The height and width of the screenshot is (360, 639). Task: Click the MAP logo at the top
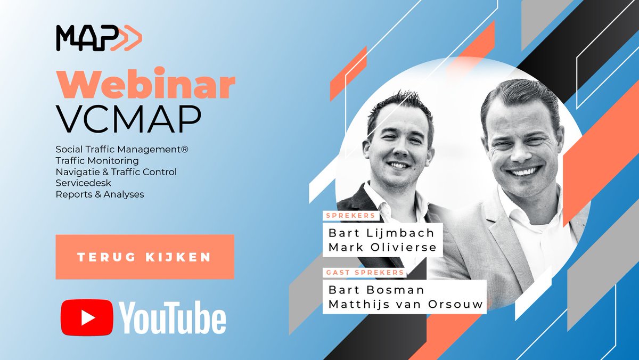pos(99,39)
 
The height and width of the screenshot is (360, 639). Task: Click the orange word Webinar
pos(145,86)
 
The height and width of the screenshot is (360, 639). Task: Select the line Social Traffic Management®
pos(122,150)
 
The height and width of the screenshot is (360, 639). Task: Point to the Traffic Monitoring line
pos(97,161)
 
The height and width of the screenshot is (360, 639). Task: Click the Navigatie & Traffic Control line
pos(116,172)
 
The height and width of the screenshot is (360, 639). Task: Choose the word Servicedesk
pos(83,183)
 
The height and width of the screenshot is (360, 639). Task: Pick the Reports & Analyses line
pos(100,194)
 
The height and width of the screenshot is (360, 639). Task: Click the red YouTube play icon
pos(86,318)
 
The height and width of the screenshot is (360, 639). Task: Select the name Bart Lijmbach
pos(381,233)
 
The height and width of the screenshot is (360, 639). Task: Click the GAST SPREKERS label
pos(364,273)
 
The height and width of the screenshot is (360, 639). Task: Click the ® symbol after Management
pos(185,150)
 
